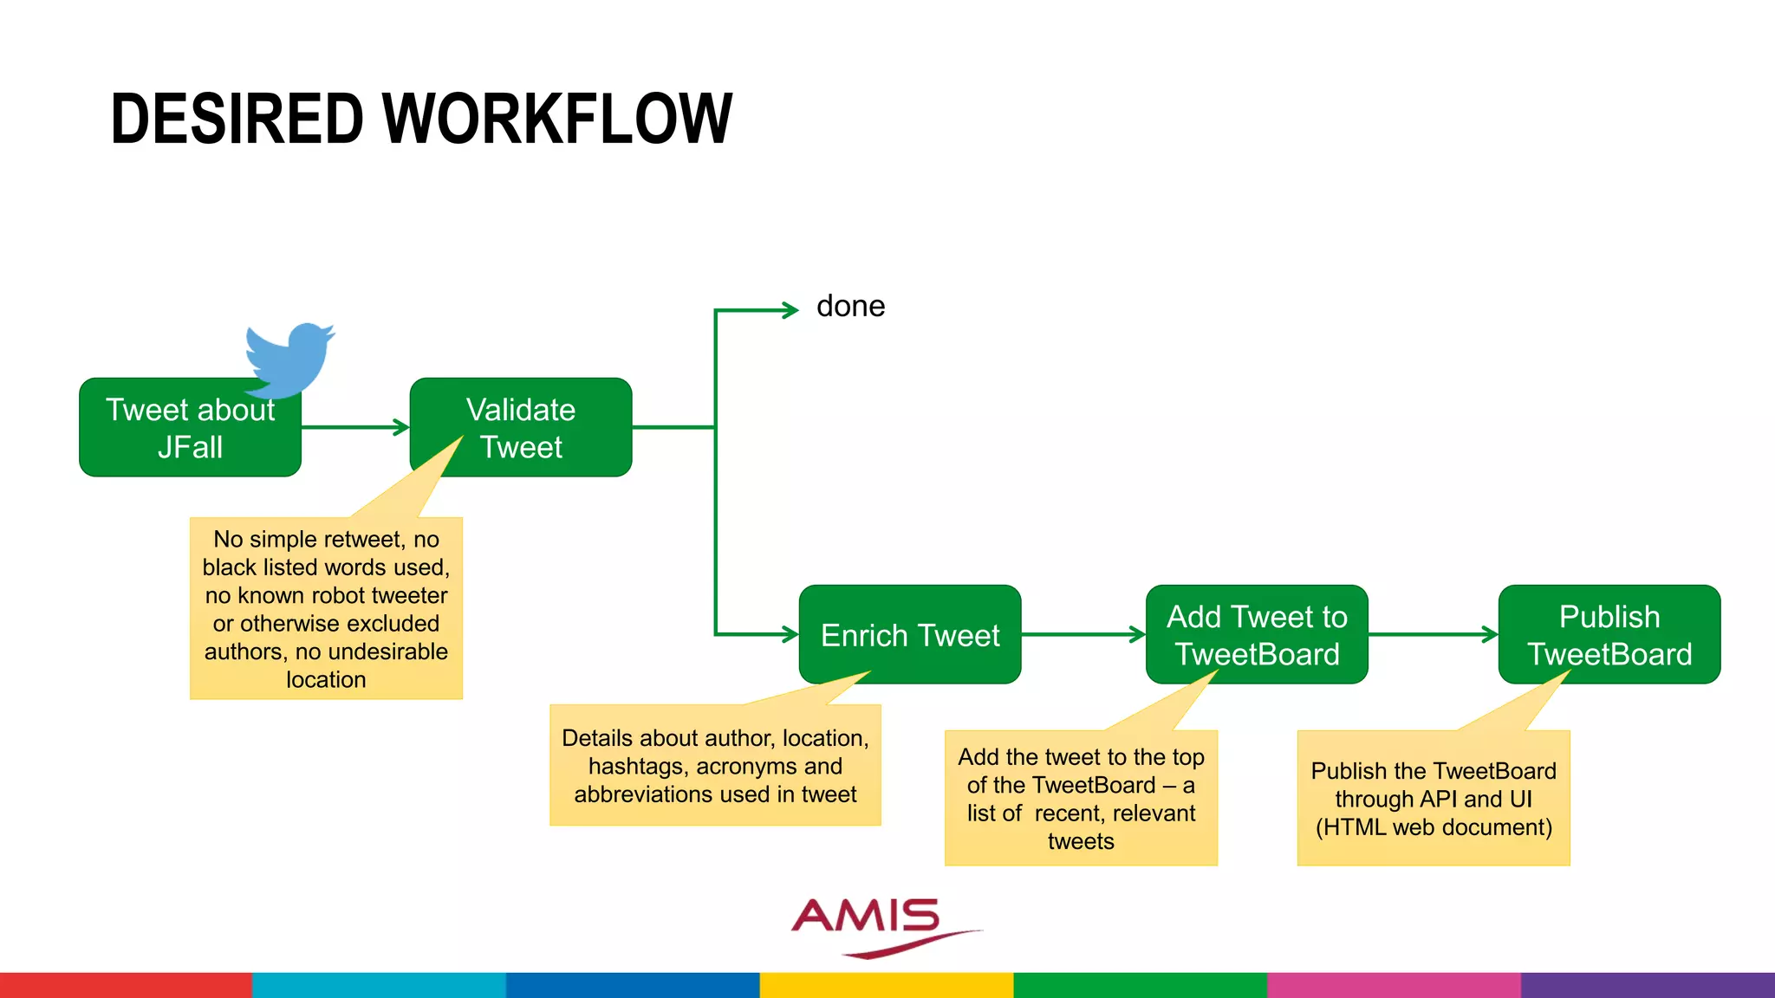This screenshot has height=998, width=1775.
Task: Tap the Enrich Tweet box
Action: point(909,634)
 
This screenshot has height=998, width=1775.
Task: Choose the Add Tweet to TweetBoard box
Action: point(1257,634)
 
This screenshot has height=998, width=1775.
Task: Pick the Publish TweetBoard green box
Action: point(1609,634)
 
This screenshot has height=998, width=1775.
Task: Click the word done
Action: point(850,307)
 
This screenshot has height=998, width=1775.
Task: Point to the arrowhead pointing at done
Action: point(790,310)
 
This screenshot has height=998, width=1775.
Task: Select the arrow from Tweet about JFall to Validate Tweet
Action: point(354,427)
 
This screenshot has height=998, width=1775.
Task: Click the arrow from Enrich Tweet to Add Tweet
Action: point(1083,635)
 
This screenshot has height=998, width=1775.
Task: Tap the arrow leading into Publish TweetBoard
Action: point(1434,635)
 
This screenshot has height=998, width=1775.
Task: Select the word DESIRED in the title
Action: point(237,120)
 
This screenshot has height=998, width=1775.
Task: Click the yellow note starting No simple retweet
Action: point(326,609)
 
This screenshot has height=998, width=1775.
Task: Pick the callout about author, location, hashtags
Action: point(715,766)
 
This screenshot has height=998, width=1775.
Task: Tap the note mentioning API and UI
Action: point(1434,799)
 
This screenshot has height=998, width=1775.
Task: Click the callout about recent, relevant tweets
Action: point(1081,799)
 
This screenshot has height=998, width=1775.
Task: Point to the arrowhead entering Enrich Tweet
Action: point(790,634)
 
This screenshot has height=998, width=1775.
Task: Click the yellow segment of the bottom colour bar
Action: point(887,985)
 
